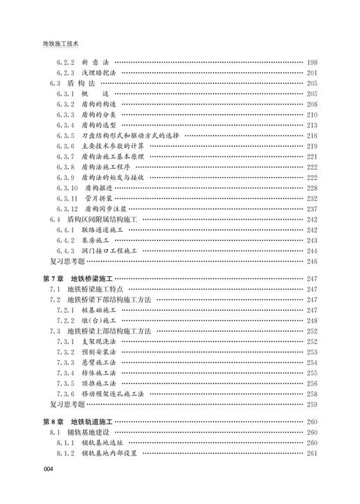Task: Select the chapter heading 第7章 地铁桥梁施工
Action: point(78,278)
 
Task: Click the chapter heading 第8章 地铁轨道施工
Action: point(78,421)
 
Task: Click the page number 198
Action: point(312,62)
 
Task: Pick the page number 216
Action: point(312,135)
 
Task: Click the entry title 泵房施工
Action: point(96,240)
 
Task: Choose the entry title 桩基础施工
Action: point(99,310)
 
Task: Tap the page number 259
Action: point(312,404)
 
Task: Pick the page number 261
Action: point(312,453)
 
